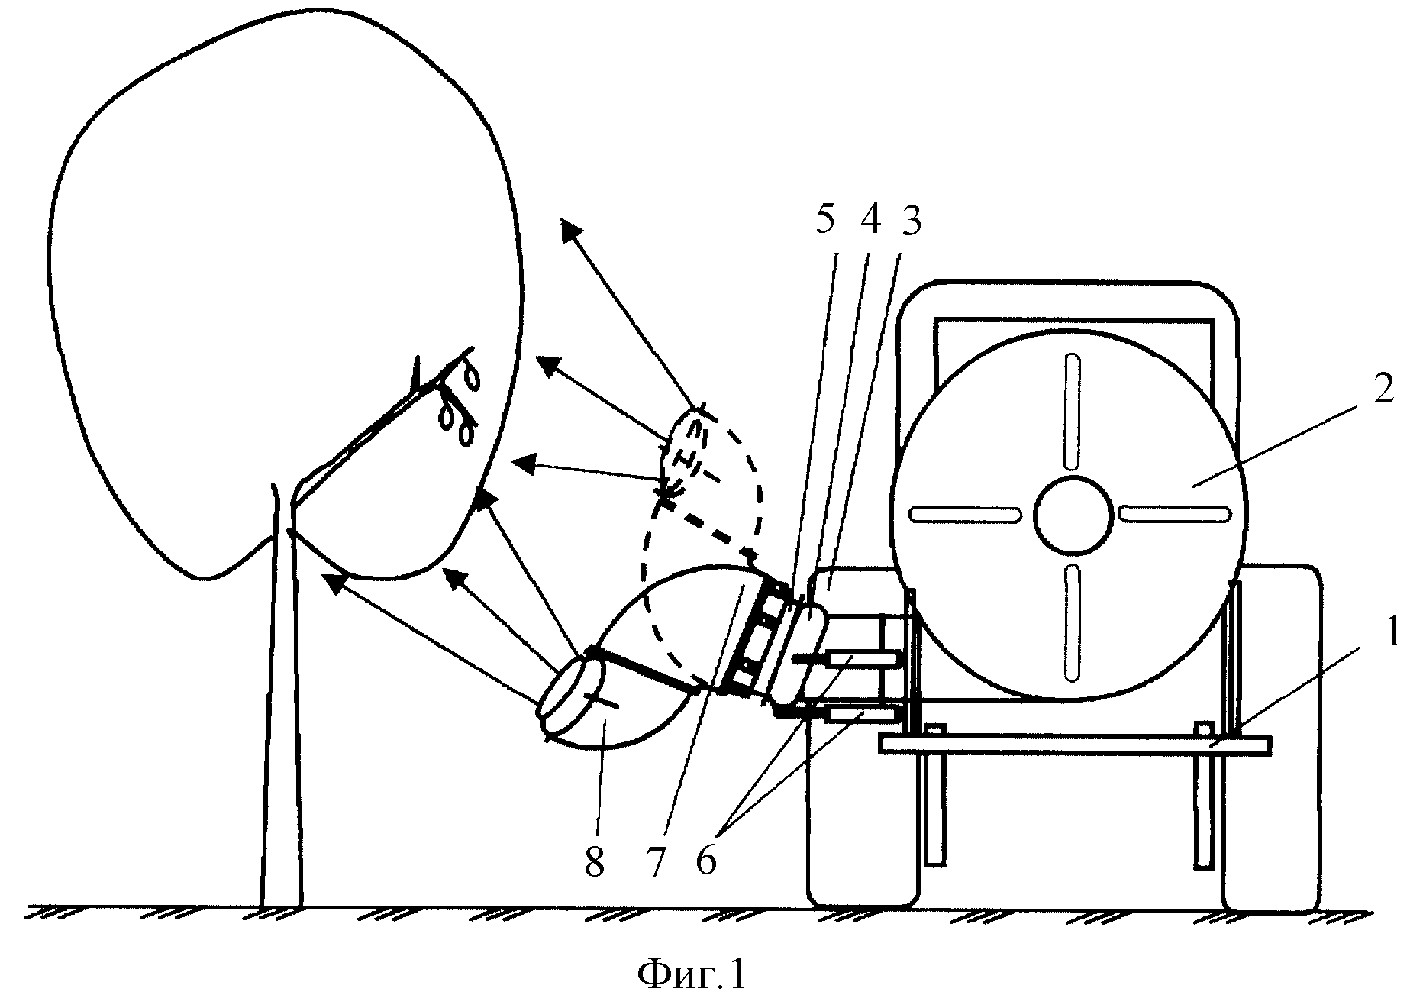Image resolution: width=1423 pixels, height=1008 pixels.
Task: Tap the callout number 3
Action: tap(909, 221)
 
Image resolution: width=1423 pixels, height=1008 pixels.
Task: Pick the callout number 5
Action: tap(826, 221)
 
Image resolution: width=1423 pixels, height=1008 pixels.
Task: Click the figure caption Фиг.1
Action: tap(691, 975)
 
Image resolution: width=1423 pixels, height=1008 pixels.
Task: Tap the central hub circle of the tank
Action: tap(1073, 515)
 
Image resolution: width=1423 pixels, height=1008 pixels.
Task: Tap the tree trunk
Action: tap(281, 695)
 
